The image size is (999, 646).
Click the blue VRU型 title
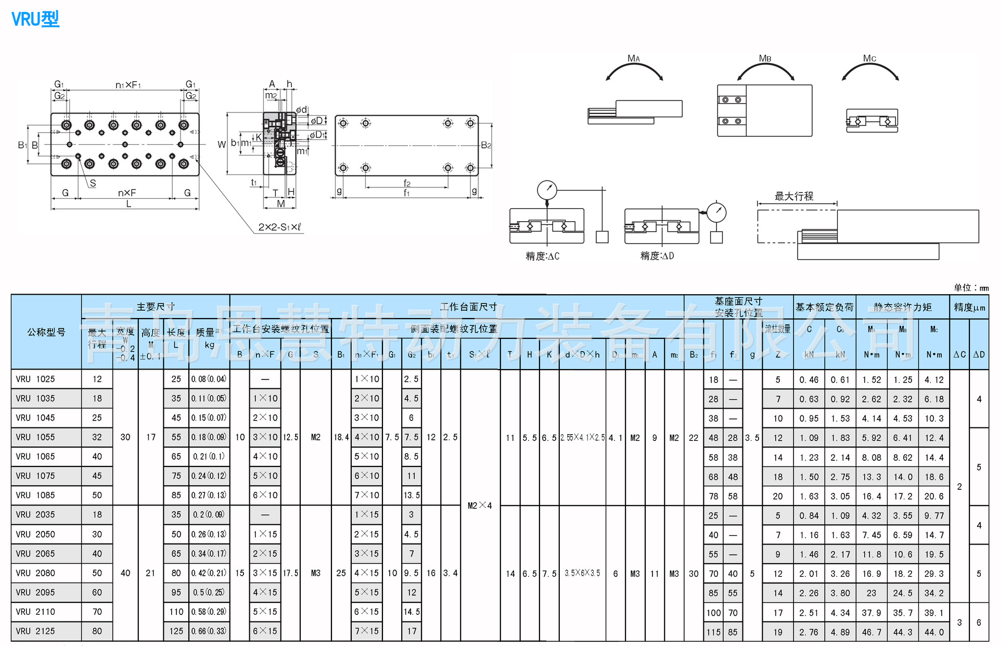[35, 19]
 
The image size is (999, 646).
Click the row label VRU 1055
[35, 437]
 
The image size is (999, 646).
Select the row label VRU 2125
[35, 631]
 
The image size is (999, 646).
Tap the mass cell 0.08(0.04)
[209, 379]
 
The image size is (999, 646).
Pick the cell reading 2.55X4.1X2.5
[582, 438]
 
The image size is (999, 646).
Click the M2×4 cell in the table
[480, 505]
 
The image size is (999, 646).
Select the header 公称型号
[46, 332]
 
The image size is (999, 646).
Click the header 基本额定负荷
[824, 307]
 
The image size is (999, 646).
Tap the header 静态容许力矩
[903, 307]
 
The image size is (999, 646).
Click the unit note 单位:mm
[971, 288]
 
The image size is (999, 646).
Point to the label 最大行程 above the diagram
[793, 196]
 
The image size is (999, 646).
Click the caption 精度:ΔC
[542, 256]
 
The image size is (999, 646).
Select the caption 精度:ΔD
[657, 256]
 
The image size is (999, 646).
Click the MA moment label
[634, 58]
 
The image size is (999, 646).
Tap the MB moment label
[765, 58]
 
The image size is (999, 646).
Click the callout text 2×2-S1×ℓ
[279, 227]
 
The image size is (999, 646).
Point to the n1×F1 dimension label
[128, 85]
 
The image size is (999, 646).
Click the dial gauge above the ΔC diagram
[547, 190]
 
